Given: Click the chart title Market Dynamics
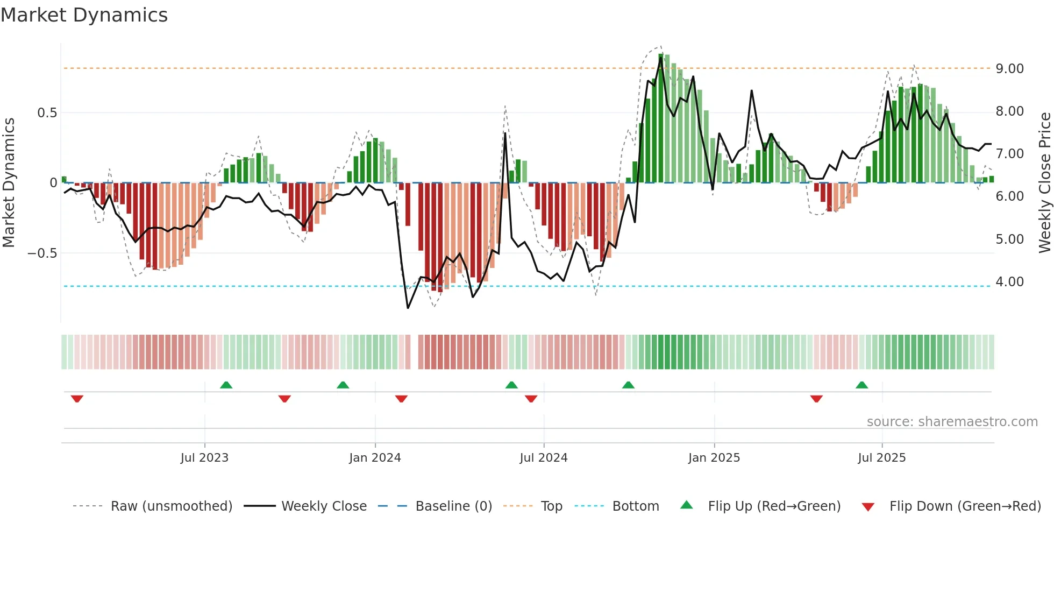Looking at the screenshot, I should coord(84,15).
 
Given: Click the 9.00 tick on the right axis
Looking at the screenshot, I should coord(1009,69).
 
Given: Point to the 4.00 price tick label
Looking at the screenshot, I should coord(1009,282).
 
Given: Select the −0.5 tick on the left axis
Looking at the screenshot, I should coord(42,253).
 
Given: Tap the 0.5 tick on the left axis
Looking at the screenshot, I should coord(47,113).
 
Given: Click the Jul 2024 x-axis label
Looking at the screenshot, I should coord(543,458).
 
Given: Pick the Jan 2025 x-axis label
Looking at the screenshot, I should coord(714,458).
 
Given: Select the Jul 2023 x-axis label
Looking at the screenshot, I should coord(204,458).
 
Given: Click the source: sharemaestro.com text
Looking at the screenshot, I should coord(952,422).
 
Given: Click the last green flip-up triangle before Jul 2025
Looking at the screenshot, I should coord(861,385).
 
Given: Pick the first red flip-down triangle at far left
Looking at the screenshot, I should coord(77,399).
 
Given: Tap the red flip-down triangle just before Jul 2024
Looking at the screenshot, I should coord(531,399).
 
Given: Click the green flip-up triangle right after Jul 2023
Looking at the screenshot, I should coord(226,385).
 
